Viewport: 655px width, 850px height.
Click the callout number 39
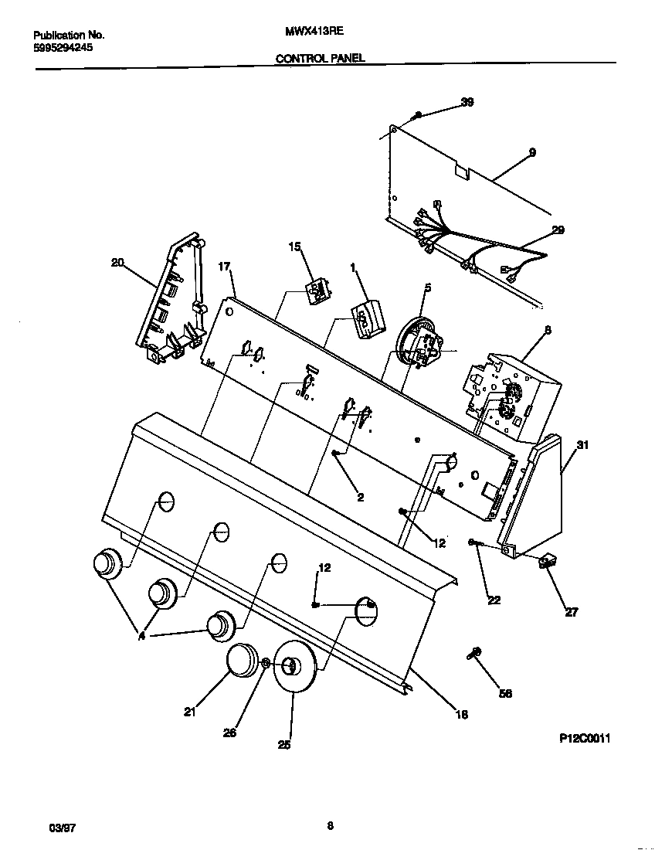coord(467,102)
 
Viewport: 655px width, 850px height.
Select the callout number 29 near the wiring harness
coord(558,229)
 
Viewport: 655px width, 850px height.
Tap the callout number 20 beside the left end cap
coord(117,263)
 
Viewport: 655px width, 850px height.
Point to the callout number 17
coord(224,267)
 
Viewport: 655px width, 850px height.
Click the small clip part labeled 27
coord(549,563)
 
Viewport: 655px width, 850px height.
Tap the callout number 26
coord(229,733)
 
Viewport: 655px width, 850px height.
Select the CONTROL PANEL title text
coord(320,58)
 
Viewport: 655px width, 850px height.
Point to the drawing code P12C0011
coord(585,739)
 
